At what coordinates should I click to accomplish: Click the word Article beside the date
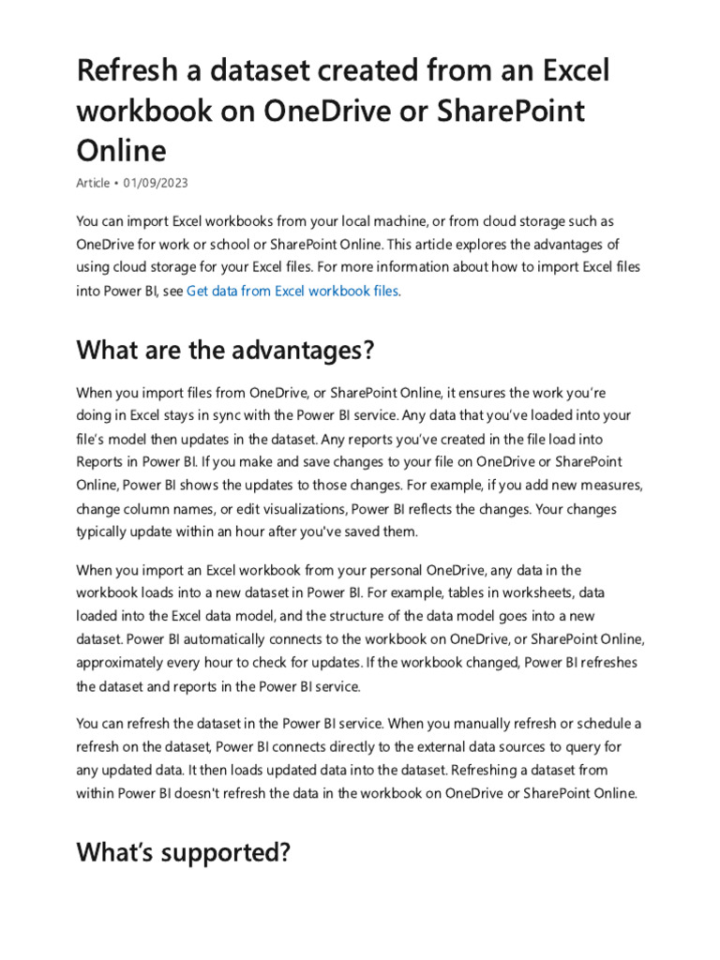click(x=93, y=183)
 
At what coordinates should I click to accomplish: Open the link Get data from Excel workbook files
click(x=292, y=291)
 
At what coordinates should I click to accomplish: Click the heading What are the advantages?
click(x=225, y=351)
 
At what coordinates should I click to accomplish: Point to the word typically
click(x=107, y=531)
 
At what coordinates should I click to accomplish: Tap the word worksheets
click(x=502, y=593)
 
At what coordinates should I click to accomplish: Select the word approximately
click(x=123, y=663)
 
